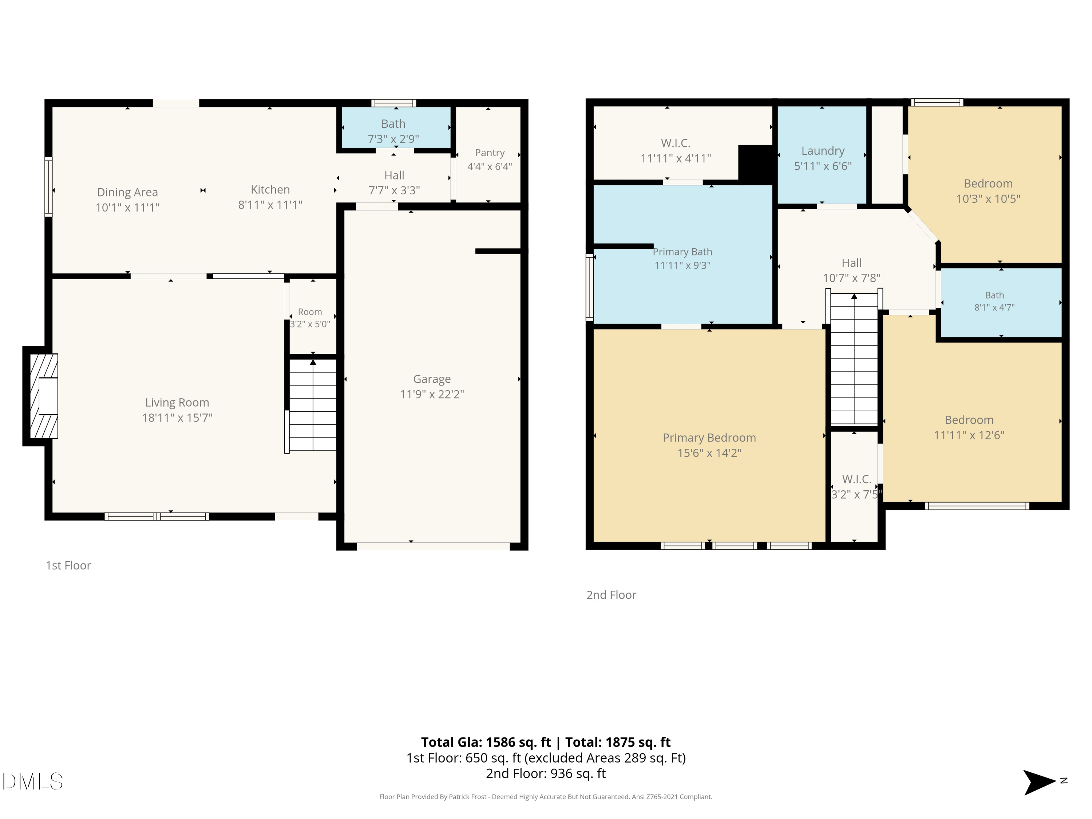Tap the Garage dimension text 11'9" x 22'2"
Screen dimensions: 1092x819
(432, 394)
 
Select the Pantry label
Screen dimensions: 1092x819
(490, 153)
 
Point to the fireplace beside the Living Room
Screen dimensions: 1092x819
(41, 396)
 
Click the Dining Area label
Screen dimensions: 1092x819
(127, 192)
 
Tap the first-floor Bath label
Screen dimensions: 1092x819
(393, 123)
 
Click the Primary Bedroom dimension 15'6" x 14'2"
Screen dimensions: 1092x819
(709, 453)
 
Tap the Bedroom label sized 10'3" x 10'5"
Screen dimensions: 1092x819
(988, 184)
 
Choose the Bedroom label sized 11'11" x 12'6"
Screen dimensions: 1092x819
(969, 420)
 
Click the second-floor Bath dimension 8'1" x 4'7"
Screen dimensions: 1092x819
(994, 307)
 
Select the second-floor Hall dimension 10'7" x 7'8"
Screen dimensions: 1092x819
(852, 278)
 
